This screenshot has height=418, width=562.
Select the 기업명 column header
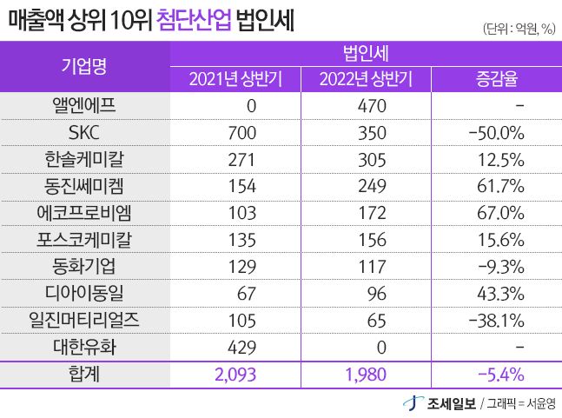(84, 65)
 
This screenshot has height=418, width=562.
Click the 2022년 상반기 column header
(366, 81)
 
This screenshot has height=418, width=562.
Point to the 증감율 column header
(496, 81)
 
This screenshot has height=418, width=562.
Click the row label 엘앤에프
(84, 107)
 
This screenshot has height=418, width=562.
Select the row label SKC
(84, 133)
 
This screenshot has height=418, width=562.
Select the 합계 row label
(84, 374)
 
